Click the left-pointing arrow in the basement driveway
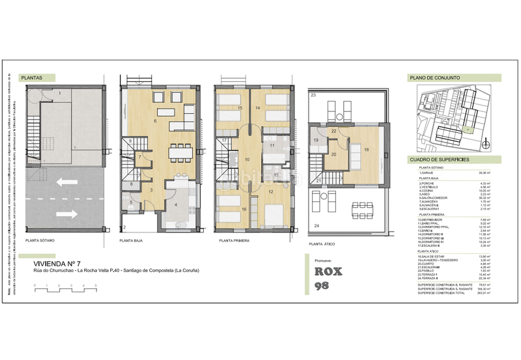(66, 183)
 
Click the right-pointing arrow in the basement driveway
(66, 214)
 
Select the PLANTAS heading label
(33, 77)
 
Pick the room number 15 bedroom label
(240, 107)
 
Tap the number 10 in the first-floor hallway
(247, 159)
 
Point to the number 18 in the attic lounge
(366, 150)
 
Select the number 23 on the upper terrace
(313, 96)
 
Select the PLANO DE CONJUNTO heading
(434, 77)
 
